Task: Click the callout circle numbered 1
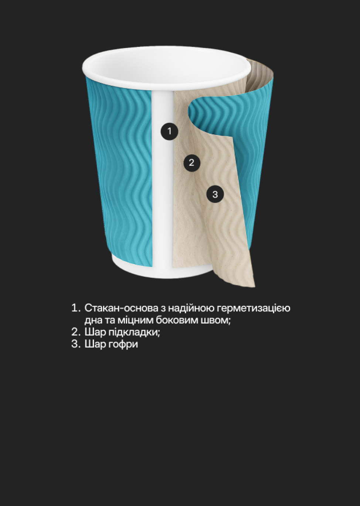pyautogui.click(x=169, y=131)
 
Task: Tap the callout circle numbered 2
pyautogui.click(x=191, y=163)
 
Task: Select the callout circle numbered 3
pyautogui.click(x=215, y=194)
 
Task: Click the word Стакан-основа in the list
pyautogui.click(x=121, y=308)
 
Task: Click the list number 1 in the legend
pyautogui.click(x=75, y=308)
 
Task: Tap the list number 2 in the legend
pyautogui.click(x=75, y=332)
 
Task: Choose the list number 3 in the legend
pyautogui.click(x=75, y=344)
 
